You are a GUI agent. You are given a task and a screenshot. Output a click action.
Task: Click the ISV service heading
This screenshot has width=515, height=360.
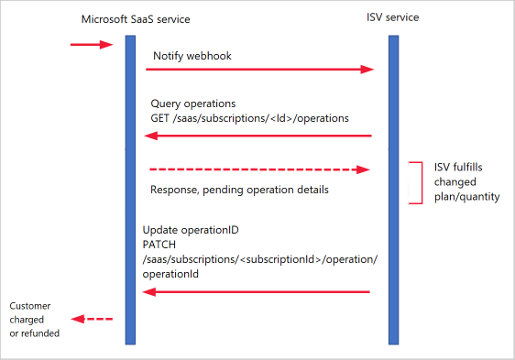(393, 16)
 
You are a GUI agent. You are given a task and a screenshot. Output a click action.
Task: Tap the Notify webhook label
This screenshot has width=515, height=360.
(192, 56)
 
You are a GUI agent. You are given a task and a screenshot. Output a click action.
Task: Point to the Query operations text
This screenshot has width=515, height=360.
(192, 104)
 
